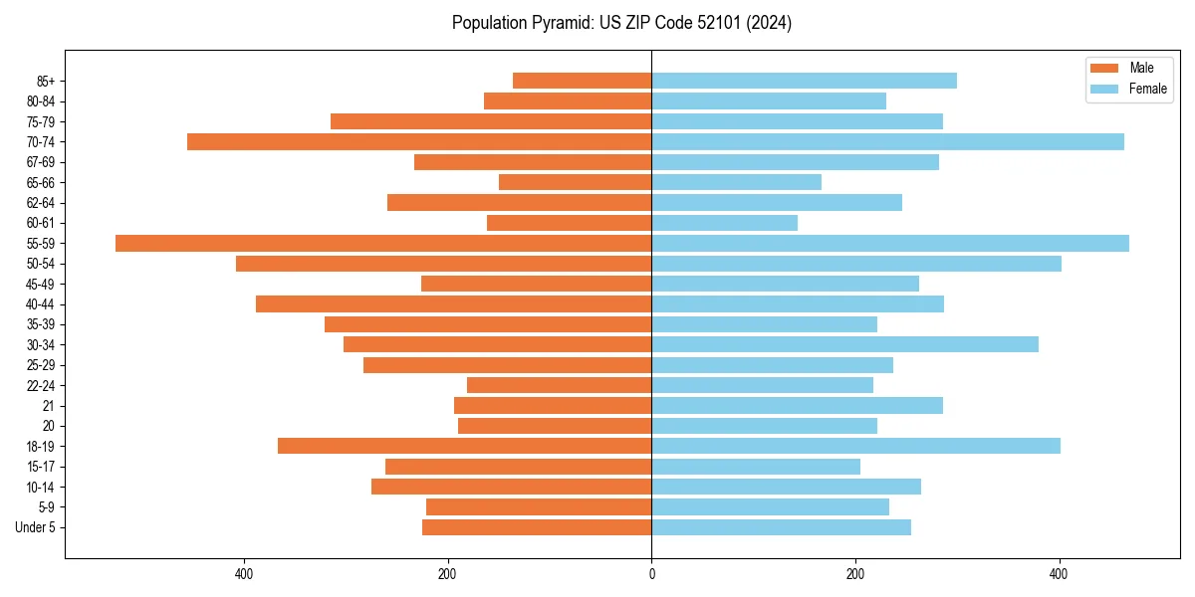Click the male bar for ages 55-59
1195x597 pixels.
tap(383, 243)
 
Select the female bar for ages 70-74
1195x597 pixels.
tap(887, 141)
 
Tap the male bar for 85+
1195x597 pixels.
tap(582, 81)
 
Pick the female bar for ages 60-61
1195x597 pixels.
tap(724, 223)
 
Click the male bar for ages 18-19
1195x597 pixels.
tap(464, 446)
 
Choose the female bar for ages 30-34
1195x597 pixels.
tap(844, 344)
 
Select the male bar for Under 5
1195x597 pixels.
tap(537, 527)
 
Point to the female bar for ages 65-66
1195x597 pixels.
tap(736, 182)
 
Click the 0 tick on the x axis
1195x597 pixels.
tap(651, 574)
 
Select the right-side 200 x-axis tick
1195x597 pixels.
tap(854, 574)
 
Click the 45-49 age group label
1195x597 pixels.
tap(41, 284)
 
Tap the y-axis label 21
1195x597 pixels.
tap(48, 406)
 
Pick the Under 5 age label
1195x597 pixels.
tap(35, 527)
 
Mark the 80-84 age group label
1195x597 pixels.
tap(41, 101)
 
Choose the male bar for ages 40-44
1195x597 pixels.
tap(453, 303)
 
